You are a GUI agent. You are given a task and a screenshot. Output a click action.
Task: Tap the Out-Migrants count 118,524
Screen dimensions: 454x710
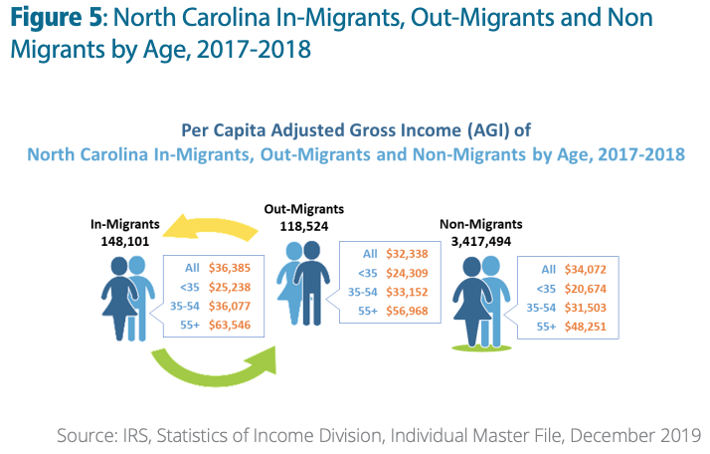pos(302,225)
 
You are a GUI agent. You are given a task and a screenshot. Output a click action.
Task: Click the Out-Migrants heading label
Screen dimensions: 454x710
pos(303,209)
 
